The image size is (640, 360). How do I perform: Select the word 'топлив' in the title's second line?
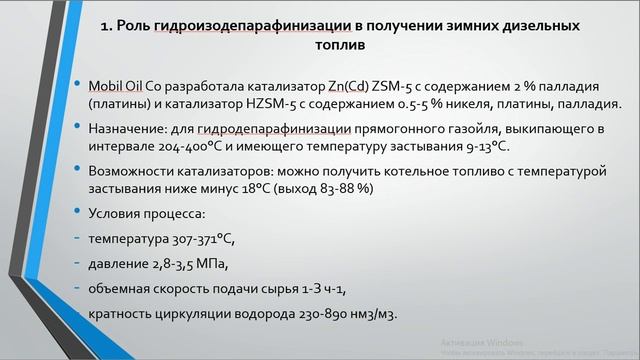tap(320, 46)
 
